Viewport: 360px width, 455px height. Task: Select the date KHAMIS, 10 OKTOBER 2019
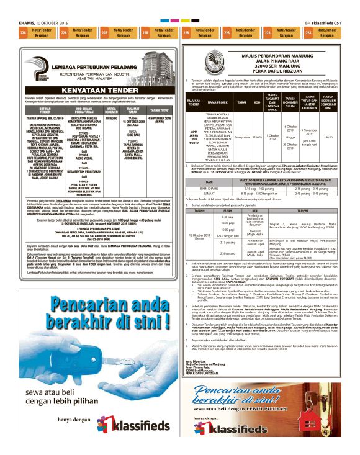pos(38,22)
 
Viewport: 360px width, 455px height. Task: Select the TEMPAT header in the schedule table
pos(308,210)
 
